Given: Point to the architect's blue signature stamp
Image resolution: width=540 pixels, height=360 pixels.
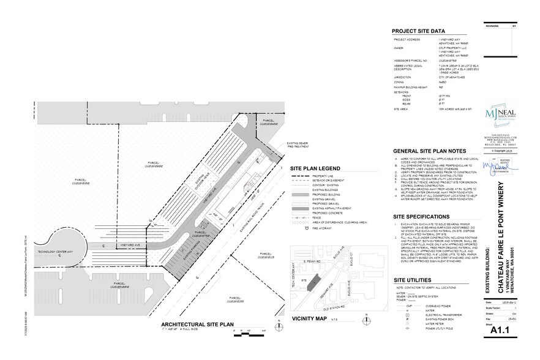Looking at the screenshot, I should coord(497,167).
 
